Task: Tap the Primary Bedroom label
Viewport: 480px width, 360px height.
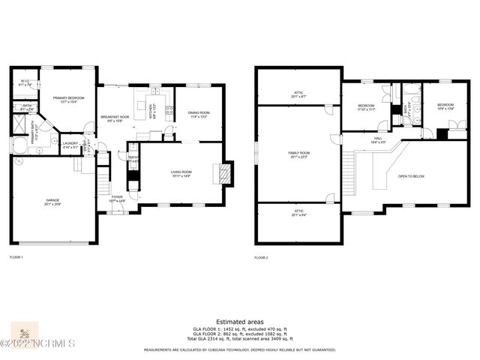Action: coord(68,100)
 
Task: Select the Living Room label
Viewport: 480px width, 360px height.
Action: coord(181,174)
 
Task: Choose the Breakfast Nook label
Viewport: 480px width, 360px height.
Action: coord(115,118)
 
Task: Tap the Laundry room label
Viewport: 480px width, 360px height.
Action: coord(70,145)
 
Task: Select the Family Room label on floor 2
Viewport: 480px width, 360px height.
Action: coord(299,155)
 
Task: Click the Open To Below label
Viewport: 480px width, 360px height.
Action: coord(412,176)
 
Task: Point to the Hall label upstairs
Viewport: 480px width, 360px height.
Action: coord(378,140)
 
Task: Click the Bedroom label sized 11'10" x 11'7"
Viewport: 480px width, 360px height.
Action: coord(366,108)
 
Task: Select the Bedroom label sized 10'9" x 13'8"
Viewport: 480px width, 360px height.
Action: coord(445,108)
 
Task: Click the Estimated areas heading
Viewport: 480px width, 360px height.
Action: coord(239,321)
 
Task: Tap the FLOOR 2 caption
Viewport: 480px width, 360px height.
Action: coord(261,257)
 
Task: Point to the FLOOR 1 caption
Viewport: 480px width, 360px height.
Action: coord(16,257)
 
